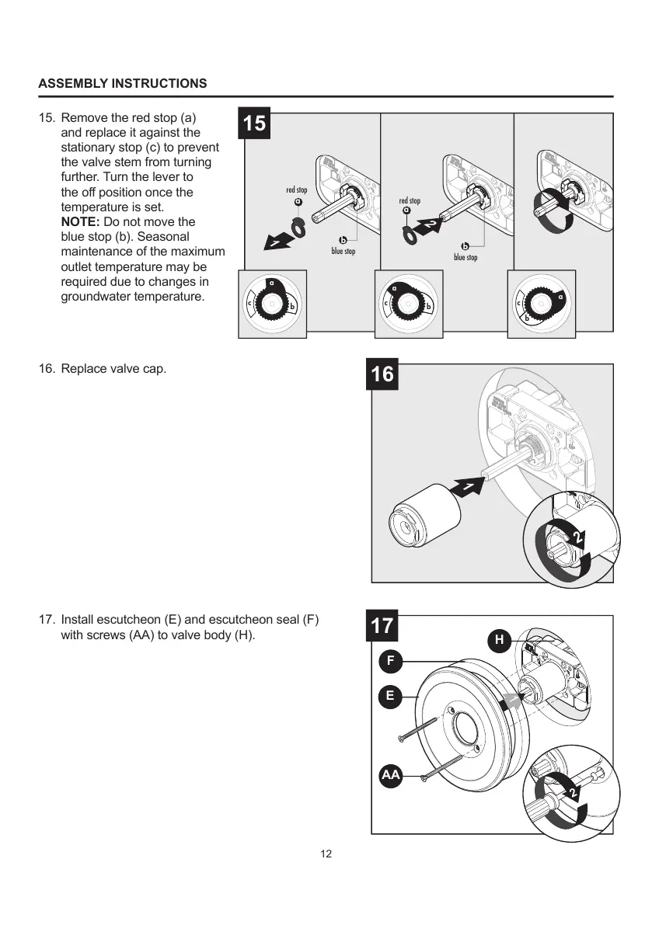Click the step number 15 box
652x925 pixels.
coord(254,123)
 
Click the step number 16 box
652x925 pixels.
coord(382,374)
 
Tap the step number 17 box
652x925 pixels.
coord(382,626)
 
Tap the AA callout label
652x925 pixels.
coord(391,775)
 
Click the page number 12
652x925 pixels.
coord(326,854)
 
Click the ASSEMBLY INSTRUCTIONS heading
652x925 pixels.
coord(123,83)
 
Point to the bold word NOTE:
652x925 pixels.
coord(80,222)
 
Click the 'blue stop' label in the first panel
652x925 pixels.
coord(343,252)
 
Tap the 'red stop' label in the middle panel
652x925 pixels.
coord(410,201)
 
